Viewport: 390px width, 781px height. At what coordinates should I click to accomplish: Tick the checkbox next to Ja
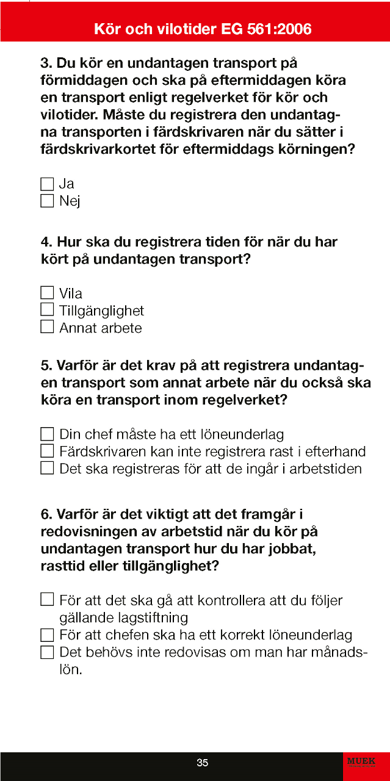click(47, 184)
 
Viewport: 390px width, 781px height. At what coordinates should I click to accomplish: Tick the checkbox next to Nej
click(47, 201)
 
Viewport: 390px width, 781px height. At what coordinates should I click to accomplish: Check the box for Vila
click(47, 293)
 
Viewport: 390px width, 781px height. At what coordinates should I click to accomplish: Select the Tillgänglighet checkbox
click(47, 310)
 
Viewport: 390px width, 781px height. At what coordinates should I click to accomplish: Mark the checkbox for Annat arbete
click(47, 328)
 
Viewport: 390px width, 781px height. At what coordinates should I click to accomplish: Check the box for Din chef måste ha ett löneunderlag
click(47, 434)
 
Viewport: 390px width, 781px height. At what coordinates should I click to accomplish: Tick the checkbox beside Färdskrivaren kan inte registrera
click(47, 452)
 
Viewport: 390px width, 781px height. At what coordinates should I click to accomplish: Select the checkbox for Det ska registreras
click(47, 469)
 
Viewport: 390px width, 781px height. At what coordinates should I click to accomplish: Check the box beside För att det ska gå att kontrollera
click(47, 600)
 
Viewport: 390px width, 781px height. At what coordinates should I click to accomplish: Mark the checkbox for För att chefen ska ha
click(47, 635)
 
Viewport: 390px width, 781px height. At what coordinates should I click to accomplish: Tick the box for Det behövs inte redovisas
click(47, 652)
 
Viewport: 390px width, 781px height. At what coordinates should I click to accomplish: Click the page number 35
click(203, 763)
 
